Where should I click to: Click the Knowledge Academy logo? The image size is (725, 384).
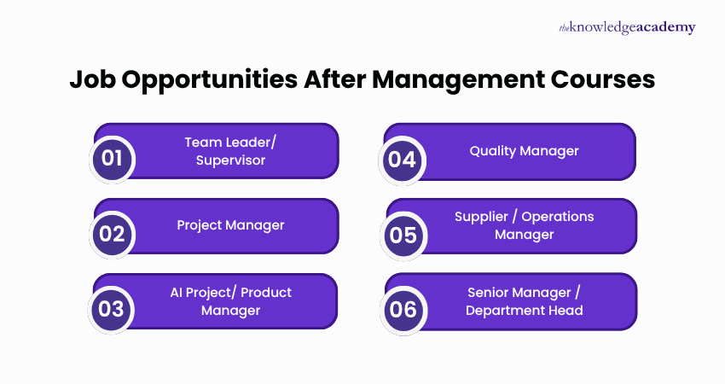tap(626, 27)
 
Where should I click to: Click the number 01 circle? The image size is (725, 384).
tap(113, 159)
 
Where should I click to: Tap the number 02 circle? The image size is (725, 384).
tap(113, 234)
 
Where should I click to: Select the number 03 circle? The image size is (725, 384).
tap(113, 309)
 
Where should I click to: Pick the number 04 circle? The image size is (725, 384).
tap(402, 159)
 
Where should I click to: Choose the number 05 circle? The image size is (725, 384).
tap(403, 234)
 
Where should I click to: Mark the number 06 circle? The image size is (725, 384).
tap(403, 309)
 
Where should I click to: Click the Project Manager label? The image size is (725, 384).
tap(230, 225)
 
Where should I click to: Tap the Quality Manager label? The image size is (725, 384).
tap(524, 150)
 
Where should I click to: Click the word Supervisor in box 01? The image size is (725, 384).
tap(230, 160)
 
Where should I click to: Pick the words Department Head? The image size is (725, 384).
tap(524, 311)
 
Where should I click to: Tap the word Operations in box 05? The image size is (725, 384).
tap(558, 217)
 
